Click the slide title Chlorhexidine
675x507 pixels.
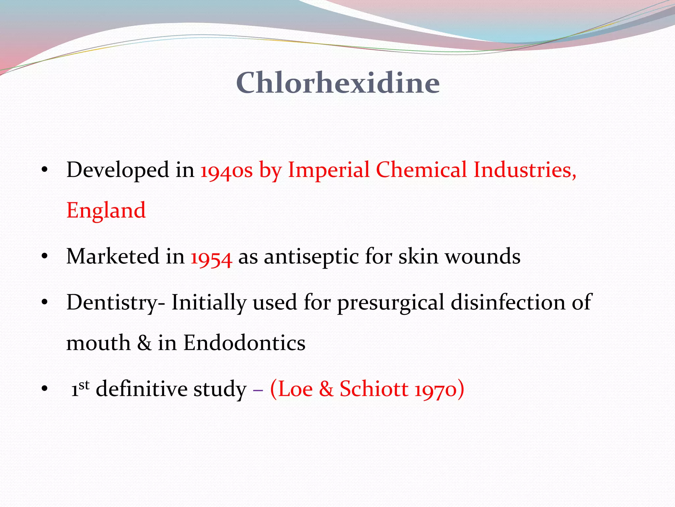(338, 83)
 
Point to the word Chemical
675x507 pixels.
(421, 170)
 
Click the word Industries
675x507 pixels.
(525, 170)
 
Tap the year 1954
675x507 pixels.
(211, 257)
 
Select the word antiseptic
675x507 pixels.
(311, 257)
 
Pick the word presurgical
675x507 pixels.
(391, 303)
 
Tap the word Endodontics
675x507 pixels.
(244, 343)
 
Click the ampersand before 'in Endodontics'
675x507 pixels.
(144, 343)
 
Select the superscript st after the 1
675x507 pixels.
(84, 385)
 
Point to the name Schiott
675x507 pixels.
(374, 389)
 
